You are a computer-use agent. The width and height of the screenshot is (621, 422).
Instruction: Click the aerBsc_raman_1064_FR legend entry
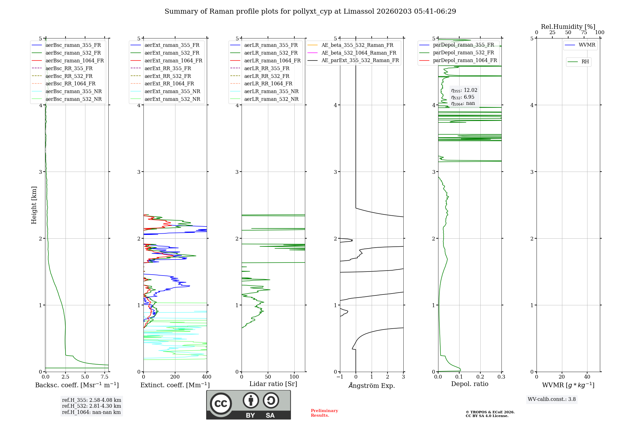pos(75,61)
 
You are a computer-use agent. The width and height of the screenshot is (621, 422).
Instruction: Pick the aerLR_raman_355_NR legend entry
pos(271,92)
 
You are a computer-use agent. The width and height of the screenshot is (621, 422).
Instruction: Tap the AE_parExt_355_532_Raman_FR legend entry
pos(360,61)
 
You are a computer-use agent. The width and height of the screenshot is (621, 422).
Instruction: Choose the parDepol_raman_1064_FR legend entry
pos(465,61)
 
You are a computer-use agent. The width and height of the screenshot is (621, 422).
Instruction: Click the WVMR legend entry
pos(587,45)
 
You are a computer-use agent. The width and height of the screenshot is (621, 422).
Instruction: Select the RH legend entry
pos(585,62)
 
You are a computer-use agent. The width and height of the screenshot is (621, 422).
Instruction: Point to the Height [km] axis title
pos(34,205)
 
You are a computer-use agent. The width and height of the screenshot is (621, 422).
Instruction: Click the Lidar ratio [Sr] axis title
pos(273,384)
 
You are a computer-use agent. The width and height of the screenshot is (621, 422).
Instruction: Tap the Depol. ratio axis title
pos(469,384)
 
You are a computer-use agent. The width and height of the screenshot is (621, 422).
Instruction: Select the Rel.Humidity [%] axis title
pos(568,27)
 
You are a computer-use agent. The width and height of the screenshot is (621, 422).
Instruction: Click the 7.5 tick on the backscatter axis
pos(105,377)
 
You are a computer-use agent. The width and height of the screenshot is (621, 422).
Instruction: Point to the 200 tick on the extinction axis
pos(175,377)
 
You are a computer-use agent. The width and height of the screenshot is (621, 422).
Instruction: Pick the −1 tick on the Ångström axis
pos(340,377)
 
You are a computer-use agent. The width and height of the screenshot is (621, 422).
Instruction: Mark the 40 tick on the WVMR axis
pos(587,377)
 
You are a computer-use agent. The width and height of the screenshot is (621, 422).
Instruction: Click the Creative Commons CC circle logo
pos(221,404)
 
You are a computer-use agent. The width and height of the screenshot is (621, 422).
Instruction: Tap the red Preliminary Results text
pos(324,413)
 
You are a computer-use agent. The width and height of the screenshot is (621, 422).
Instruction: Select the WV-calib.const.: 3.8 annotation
pos(552,399)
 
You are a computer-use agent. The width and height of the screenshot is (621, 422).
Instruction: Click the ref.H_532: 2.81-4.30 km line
pos(92,406)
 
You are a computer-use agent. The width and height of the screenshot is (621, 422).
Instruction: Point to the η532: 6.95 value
pos(463,97)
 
